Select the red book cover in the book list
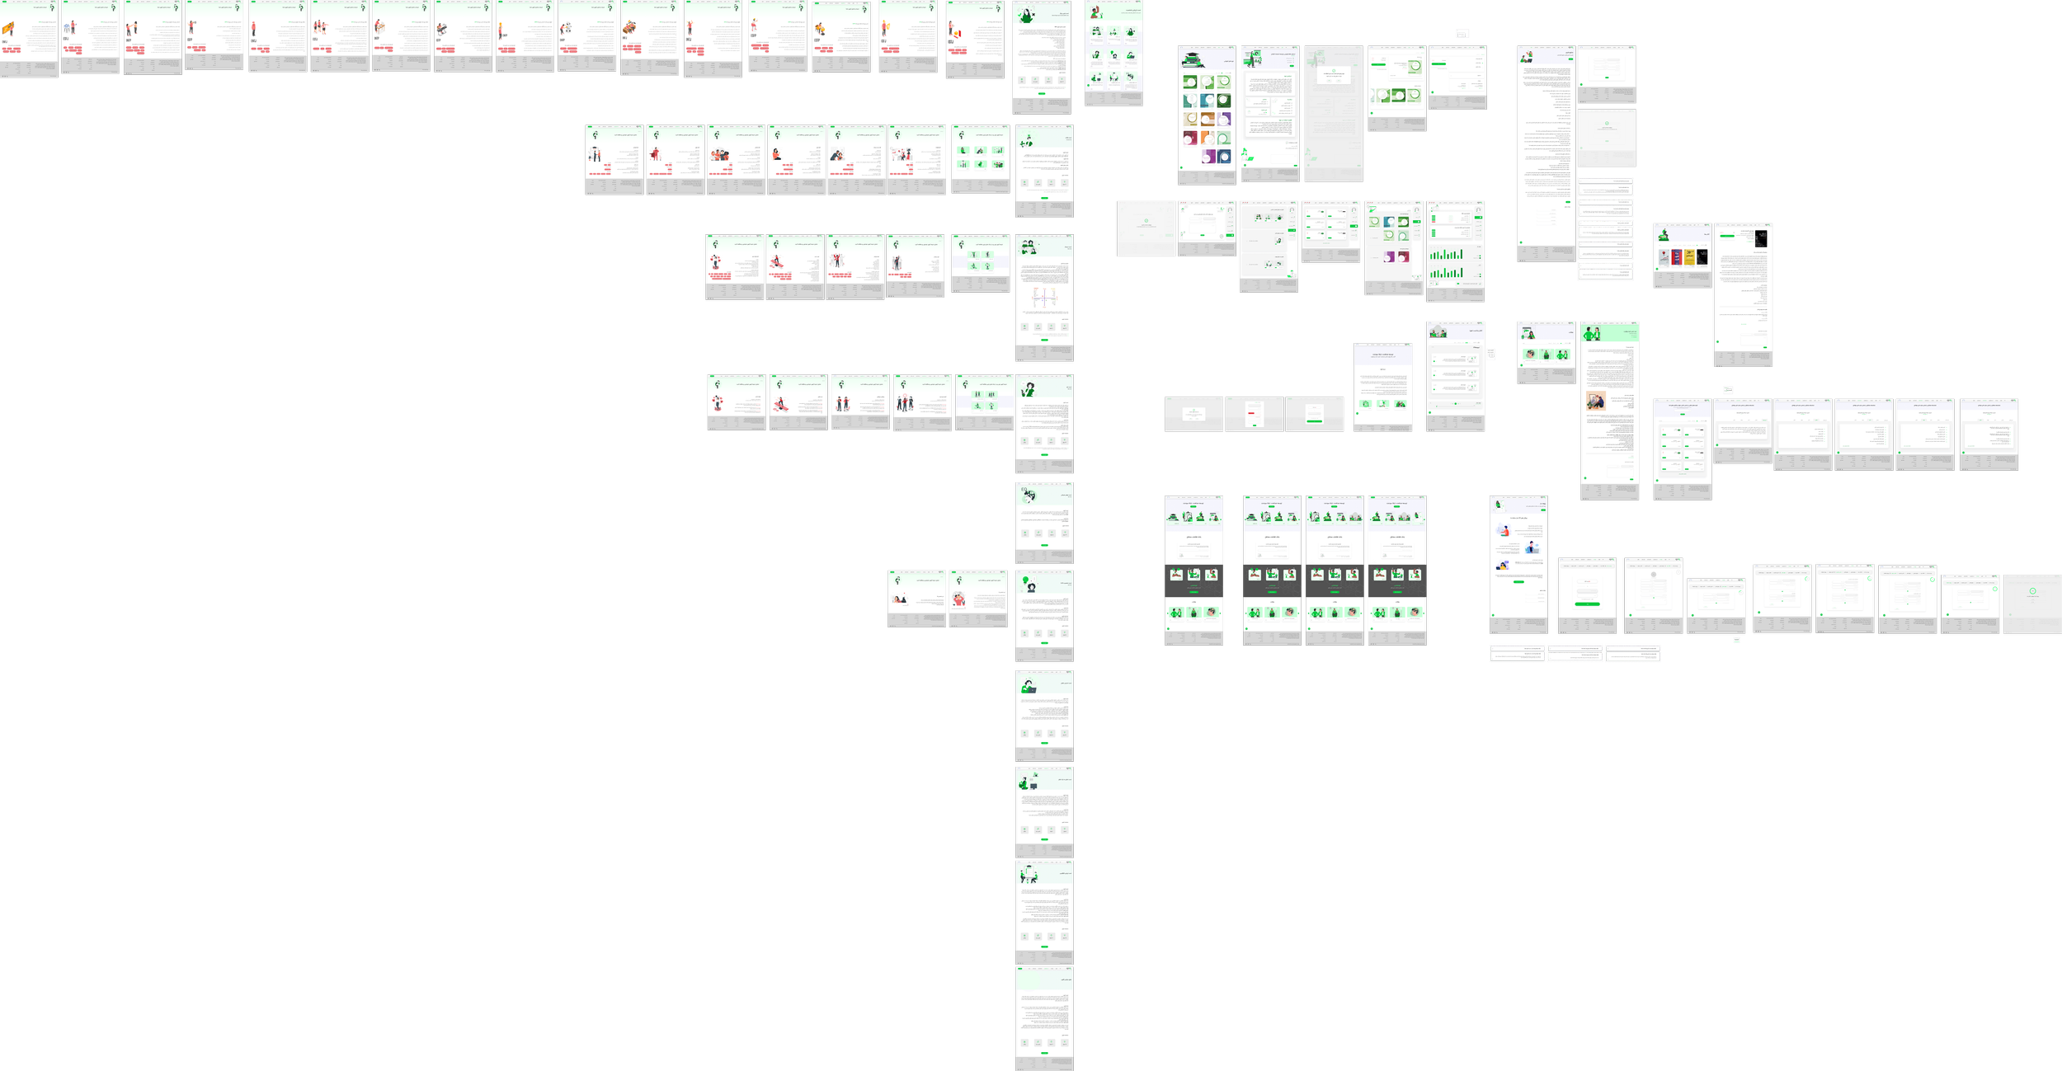pyautogui.click(x=1677, y=258)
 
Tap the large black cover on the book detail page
pyautogui.click(x=1760, y=238)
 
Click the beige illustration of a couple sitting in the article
pyautogui.click(x=1596, y=402)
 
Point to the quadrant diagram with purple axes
pyautogui.click(x=1044, y=297)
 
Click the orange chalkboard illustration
pyautogui.click(x=8, y=30)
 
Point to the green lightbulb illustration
pyautogui.click(x=1027, y=585)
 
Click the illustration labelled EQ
pyautogui.click(x=1028, y=496)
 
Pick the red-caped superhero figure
pyautogui.click(x=656, y=153)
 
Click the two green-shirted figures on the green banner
pyautogui.click(x=1591, y=334)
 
